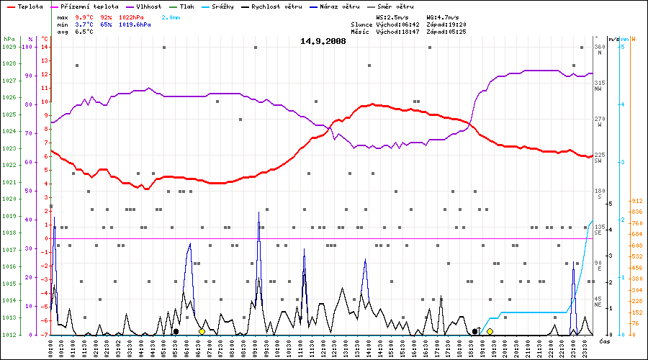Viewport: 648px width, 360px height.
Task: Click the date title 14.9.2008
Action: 323,41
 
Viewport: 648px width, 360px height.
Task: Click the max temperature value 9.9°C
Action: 86,16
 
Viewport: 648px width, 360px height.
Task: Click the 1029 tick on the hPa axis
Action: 9,47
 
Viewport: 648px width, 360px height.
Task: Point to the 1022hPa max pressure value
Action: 135,16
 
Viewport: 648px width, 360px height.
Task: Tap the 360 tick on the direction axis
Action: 598,47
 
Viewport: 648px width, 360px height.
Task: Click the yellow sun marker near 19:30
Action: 490,331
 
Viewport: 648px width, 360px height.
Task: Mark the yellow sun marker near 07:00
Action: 202,331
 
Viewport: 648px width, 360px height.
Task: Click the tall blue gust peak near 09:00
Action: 258,214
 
